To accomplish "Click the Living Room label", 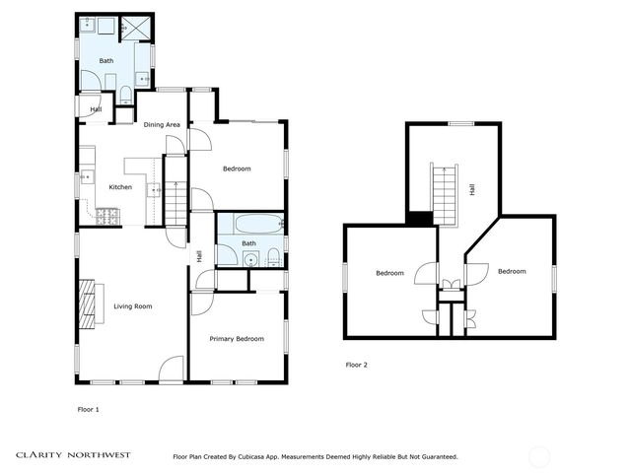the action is [x=133, y=306].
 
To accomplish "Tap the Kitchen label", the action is [x=120, y=187].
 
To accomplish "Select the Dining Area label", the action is [x=162, y=125].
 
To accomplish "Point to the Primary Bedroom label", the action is [x=237, y=339].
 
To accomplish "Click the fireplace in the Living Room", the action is [x=87, y=304].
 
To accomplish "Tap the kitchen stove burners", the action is [x=107, y=217].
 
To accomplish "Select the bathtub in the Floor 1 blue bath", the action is [x=259, y=224].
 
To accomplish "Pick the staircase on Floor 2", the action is [x=445, y=195].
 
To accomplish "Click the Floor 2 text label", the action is [x=357, y=366].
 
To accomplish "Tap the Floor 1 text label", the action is [x=88, y=410].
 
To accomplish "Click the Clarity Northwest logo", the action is [x=73, y=455].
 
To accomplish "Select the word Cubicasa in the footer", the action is [x=250, y=457].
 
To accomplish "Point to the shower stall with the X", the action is [x=136, y=28].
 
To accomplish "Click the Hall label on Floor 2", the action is [x=471, y=189].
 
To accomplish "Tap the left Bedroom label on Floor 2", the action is [x=389, y=274].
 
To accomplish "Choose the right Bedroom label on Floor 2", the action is [x=512, y=272].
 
